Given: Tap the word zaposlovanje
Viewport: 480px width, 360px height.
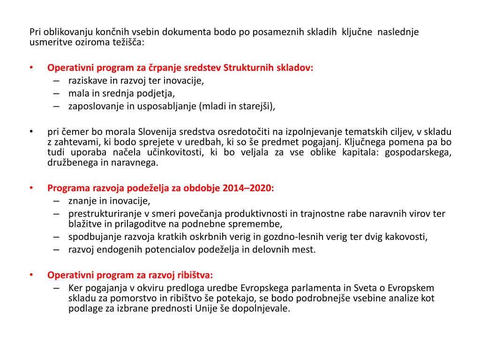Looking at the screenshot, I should pyautogui.click(x=96, y=106).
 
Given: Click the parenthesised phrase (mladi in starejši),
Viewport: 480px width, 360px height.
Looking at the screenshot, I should pyautogui.click(x=237, y=106).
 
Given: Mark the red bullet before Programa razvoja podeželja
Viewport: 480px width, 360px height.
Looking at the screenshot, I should pyautogui.click(x=31, y=188).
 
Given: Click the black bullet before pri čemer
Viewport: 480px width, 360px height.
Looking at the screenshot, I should pyautogui.click(x=31, y=132).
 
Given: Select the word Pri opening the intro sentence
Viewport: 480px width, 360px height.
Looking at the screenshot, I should pyautogui.click(x=35, y=32).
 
